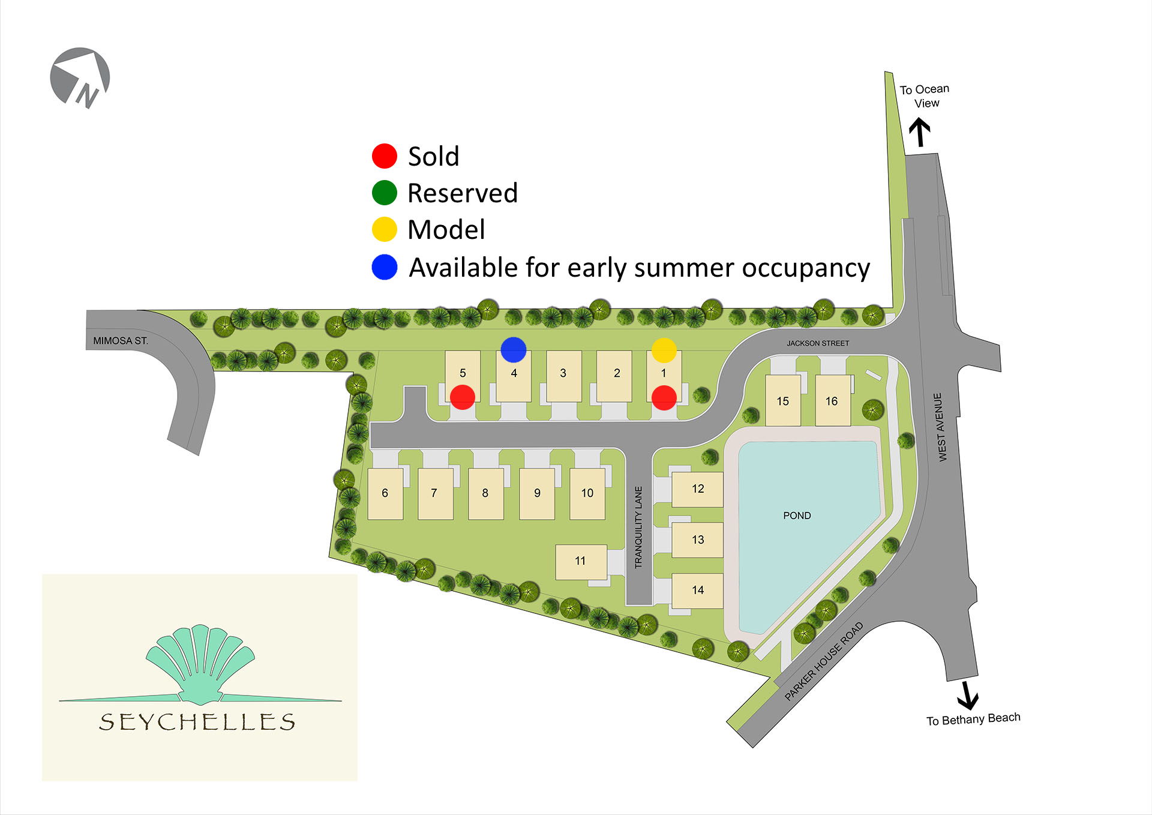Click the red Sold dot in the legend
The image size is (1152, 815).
click(385, 156)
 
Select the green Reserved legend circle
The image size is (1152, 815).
click(385, 193)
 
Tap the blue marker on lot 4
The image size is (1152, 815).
click(514, 349)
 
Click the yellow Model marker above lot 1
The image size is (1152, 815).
click(664, 350)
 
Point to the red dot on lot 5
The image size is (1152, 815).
click(463, 397)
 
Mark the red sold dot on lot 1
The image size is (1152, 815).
click(664, 398)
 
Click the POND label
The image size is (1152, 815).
click(797, 516)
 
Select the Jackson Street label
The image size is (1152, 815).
click(818, 343)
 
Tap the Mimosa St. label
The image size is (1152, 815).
click(120, 341)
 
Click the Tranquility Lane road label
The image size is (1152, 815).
click(638, 527)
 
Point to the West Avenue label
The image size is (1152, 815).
click(940, 427)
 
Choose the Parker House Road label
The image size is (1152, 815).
click(824, 661)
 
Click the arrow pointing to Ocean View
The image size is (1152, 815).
click(919, 132)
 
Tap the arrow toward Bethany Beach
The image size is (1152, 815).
click(967, 695)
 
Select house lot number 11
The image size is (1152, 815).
click(580, 561)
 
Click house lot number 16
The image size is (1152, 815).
click(832, 401)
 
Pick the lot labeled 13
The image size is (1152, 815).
click(698, 540)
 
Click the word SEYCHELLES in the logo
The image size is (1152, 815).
click(197, 722)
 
